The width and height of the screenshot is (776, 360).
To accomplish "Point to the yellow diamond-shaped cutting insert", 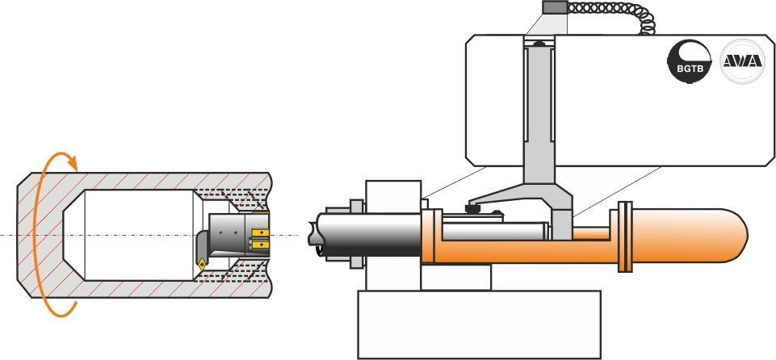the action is point(202,265).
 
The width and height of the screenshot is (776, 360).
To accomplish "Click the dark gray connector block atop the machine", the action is point(555,7).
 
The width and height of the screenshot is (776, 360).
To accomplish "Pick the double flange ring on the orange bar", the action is point(626,237).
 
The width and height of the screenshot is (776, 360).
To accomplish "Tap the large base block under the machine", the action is point(479,324).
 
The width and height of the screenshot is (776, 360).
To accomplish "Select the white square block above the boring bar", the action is point(393,196).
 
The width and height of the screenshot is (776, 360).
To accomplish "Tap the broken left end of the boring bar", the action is point(314,235).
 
